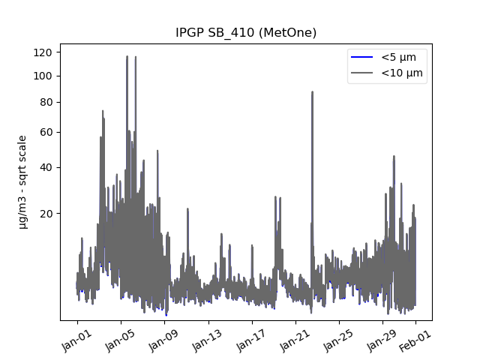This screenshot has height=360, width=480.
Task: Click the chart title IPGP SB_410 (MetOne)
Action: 245,33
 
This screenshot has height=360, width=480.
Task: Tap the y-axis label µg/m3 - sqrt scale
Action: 22,181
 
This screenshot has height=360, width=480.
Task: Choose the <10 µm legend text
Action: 402,73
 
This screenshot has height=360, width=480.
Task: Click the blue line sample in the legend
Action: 361,57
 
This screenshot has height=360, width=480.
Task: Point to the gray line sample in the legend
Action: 361,73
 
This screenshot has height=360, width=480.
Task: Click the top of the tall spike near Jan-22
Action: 312,92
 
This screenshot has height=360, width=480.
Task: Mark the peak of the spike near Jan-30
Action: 394,156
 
